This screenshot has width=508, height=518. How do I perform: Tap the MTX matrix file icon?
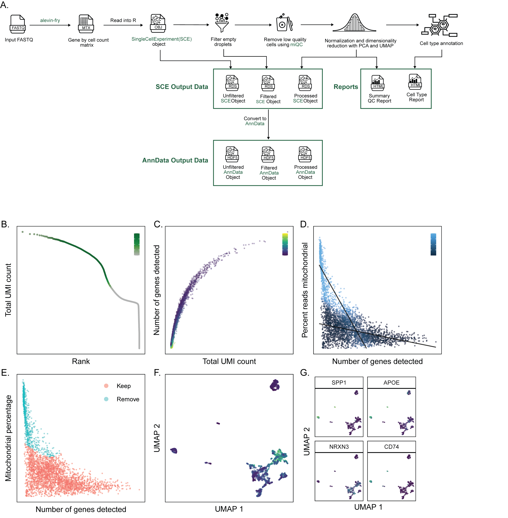tap(86, 24)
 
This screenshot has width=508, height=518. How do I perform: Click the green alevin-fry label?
tap(50, 20)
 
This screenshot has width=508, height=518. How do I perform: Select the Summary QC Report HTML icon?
tap(377, 83)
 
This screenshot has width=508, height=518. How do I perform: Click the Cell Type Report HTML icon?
tap(415, 82)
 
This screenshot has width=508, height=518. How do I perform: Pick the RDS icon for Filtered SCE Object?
tap(268, 83)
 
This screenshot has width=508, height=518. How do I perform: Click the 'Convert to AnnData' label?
tap(255, 121)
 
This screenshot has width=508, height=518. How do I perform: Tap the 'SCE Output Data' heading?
tap(182, 87)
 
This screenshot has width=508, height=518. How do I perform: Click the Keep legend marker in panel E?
tap(106, 386)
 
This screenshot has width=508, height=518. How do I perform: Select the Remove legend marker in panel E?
tap(106, 399)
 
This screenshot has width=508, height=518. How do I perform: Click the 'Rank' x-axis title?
tap(81, 361)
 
